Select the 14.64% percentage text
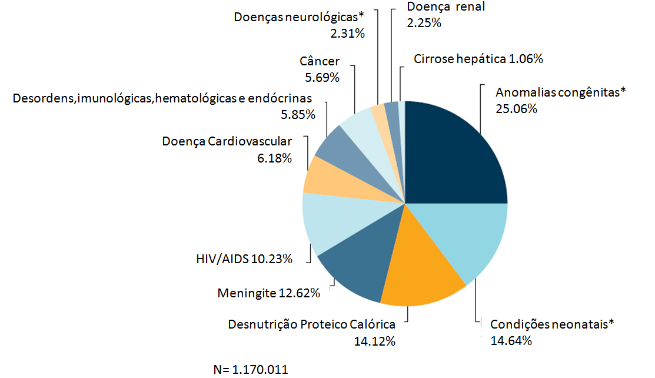(511, 341)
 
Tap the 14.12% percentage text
(374, 341)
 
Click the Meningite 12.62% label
(268, 293)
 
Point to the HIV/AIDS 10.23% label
(244, 258)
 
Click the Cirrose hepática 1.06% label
(478, 59)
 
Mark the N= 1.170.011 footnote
(251, 370)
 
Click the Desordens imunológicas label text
(162, 98)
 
